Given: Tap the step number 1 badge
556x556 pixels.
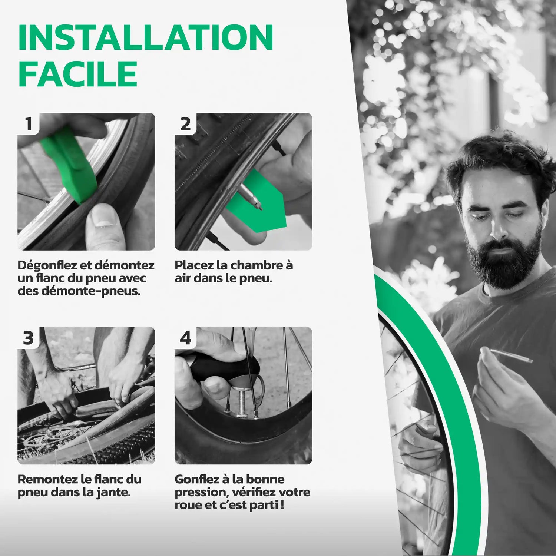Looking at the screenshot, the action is click(29, 124).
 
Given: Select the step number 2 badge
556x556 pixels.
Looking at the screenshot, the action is click(185, 124).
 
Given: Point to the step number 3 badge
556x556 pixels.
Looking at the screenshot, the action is click(29, 338).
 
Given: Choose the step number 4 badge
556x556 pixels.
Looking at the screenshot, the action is click(185, 338).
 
